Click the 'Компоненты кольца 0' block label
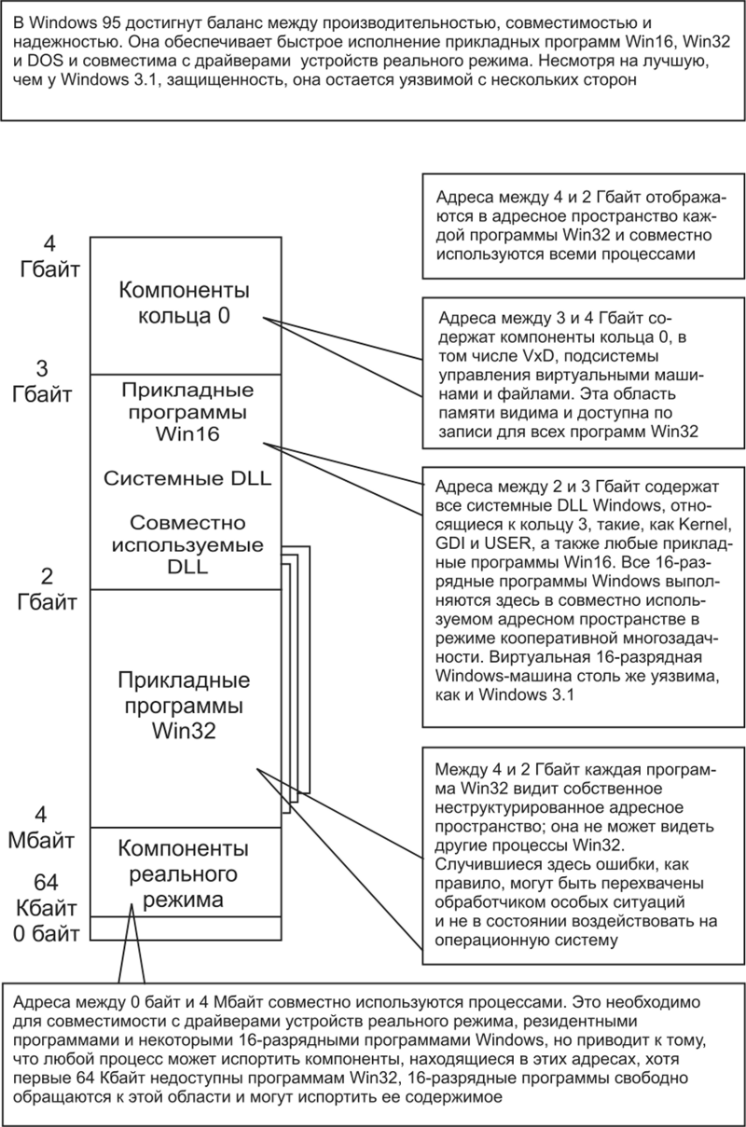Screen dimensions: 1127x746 click(x=183, y=303)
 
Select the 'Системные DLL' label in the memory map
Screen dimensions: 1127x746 click(x=183, y=478)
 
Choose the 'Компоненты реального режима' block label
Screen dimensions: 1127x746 click(x=183, y=874)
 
